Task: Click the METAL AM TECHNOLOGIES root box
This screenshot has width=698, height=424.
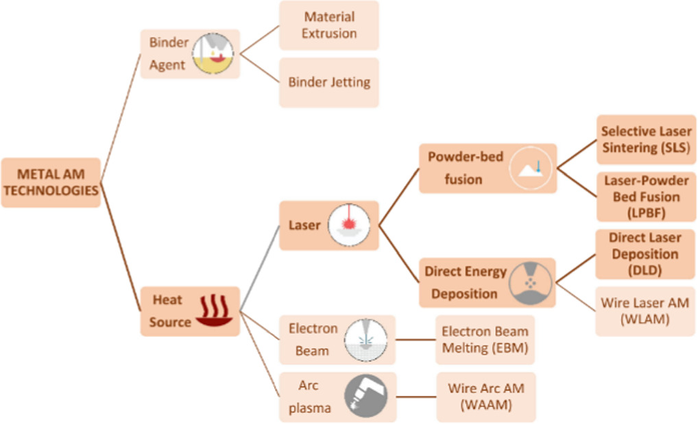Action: point(51,182)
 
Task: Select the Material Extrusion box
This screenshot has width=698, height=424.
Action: point(329,25)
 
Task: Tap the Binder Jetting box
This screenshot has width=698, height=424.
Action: point(329,82)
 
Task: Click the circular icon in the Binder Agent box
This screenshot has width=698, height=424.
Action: point(213,53)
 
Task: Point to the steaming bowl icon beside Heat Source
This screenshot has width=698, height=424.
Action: point(214,310)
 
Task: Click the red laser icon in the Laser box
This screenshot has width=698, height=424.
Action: point(349,225)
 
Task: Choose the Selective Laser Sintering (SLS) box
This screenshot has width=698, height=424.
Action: point(647,140)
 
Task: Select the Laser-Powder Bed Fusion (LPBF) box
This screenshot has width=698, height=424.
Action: point(647,197)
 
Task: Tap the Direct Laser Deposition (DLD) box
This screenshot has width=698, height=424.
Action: point(645,254)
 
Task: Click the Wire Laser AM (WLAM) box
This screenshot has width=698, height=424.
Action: point(645,311)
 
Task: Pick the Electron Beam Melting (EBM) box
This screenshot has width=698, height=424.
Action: point(485,340)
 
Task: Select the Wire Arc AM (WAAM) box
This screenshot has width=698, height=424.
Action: point(486,397)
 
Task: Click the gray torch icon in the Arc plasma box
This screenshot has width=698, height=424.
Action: point(366,397)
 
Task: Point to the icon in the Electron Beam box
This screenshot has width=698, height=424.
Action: point(366,340)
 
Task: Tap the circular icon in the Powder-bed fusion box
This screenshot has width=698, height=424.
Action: point(531,169)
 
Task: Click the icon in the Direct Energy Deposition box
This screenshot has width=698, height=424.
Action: point(531,283)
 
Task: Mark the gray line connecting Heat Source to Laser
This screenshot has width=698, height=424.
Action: point(260,269)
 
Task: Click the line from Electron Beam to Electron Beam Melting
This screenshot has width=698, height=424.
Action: point(416,340)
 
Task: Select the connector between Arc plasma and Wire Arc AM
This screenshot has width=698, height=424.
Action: point(416,397)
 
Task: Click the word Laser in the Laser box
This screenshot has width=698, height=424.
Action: point(304,225)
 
